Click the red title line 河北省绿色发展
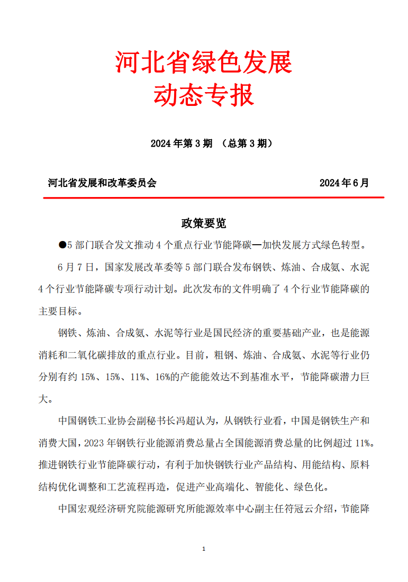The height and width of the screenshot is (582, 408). (x=204, y=63)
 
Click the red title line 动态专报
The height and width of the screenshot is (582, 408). (x=204, y=96)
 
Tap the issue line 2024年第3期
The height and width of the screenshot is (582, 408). (x=181, y=144)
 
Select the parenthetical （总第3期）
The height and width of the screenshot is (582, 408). (x=247, y=144)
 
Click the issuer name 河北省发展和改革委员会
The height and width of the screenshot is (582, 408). (x=102, y=183)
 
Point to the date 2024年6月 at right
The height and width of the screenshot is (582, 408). (x=344, y=183)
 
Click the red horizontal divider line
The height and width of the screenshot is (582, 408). (x=213, y=198)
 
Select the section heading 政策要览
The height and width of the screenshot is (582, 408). (x=204, y=223)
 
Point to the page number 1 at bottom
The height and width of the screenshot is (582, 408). (x=204, y=549)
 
